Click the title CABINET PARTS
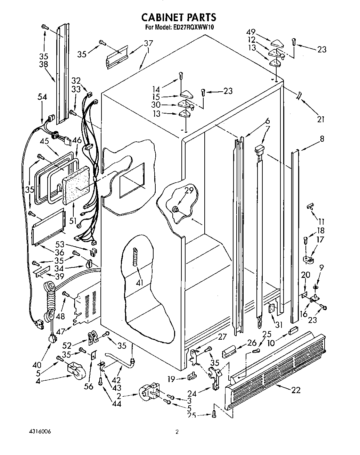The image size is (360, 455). [179, 17]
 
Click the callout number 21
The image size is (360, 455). [321, 119]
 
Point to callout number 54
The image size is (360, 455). [42, 97]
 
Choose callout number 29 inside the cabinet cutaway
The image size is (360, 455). [189, 190]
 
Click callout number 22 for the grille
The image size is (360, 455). [296, 390]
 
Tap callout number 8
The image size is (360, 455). [322, 139]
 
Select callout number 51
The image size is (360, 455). [73, 221]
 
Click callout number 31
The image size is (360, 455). [279, 324]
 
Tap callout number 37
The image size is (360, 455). [148, 43]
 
